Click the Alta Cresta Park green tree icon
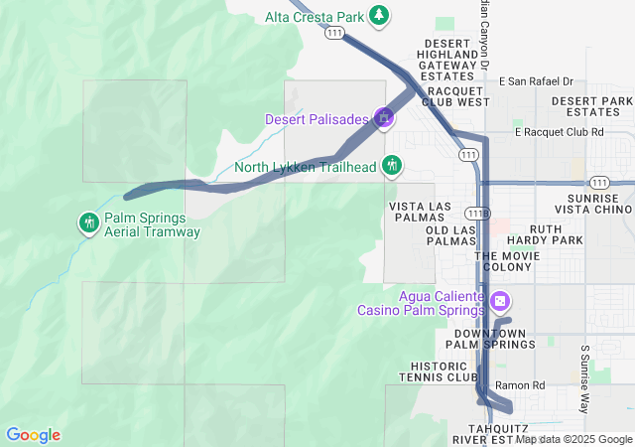point(378,15)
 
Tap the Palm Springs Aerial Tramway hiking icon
point(89,222)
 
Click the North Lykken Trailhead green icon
point(392,165)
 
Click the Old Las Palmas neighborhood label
point(438,235)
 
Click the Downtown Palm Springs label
point(489,339)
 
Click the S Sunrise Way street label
point(585,379)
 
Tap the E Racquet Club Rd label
point(560,132)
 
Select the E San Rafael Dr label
point(536,81)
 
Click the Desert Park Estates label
point(592,106)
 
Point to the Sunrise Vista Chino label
point(593,205)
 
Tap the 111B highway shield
point(477,214)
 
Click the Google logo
point(33,435)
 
